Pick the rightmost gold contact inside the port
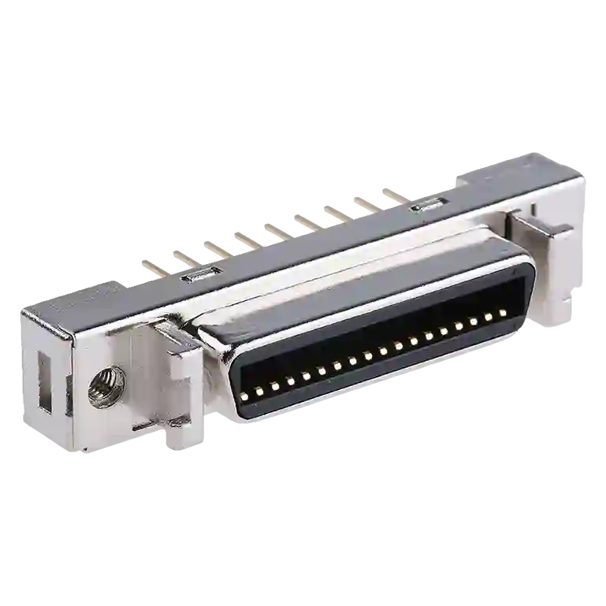[502, 313]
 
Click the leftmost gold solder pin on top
[150, 265]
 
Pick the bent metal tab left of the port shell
[177, 337]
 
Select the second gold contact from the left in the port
[260, 387]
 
